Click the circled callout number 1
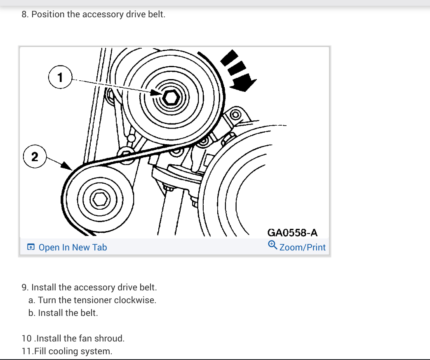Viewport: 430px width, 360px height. [61, 77]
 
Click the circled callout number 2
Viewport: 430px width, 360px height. [35, 157]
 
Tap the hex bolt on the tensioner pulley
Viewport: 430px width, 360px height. [171, 97]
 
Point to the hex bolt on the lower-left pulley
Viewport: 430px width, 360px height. [99, 199]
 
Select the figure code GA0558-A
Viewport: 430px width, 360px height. [293, 233]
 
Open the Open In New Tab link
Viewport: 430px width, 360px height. [73, 247]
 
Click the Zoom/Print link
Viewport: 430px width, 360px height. [302, 247]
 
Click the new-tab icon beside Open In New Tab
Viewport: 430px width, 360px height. [31, 247]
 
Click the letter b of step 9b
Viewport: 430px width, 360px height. [31, 313]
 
